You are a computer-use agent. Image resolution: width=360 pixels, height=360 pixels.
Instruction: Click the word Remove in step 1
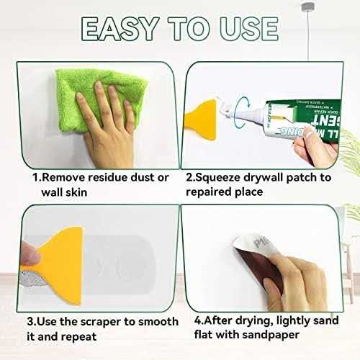click(60, 177)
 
